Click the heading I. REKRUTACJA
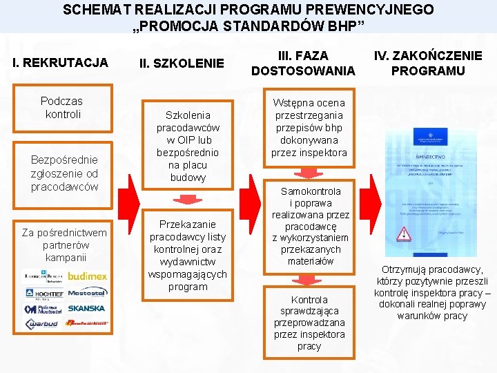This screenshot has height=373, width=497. (x=61, y=63)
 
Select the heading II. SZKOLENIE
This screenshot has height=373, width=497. (x=182, y=64)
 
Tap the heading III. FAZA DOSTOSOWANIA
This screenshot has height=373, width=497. (x=303, y=63)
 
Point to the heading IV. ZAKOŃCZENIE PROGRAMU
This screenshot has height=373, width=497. (x=428, y=63)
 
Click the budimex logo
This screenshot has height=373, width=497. (x=87, y=276)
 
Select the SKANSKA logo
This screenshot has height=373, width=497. (x=87, y=308)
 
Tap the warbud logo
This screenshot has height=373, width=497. (x=41, y=324)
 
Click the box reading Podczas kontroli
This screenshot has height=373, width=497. (x=61, y=107)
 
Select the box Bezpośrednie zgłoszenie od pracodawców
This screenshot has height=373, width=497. (x=64, y=173)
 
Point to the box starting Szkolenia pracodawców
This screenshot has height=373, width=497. (x=188, y=146)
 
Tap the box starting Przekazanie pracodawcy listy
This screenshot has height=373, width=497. (x=188, y=255)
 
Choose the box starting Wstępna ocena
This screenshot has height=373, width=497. (x=310, y=128)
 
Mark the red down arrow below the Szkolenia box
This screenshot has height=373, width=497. (x=187, y=199)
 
